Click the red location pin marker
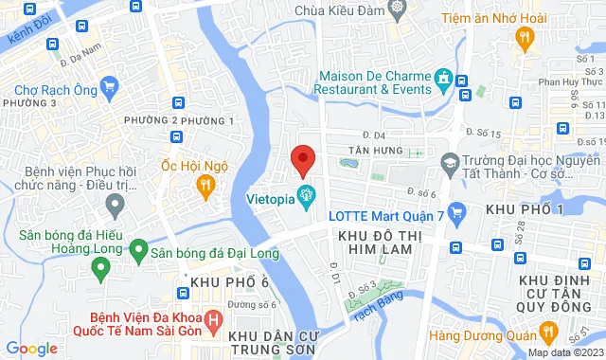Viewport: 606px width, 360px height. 301,159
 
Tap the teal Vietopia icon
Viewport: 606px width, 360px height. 306,198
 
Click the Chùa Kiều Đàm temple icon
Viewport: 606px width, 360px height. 399,9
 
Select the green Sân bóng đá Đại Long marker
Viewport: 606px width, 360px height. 138,251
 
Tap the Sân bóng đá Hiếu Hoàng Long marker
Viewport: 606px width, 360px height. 98,270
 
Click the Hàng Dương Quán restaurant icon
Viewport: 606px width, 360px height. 547,332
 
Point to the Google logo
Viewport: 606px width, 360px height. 31,349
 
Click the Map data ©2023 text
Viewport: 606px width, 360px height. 565,352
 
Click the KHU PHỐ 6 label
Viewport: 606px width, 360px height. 230,283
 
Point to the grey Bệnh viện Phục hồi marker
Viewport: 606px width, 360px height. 116,203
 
